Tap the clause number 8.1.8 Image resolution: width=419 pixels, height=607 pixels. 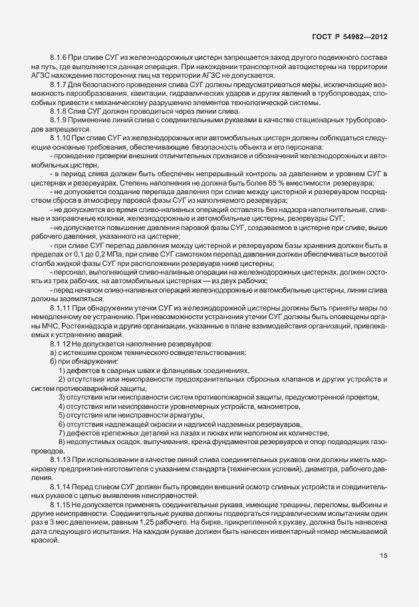pyautogui.click(x=59, y=110)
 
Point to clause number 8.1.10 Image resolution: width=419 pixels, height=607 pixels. pyautogui.click(x=61, y=136)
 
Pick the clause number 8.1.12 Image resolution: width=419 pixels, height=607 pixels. pyautogui.click(x=61, y=343)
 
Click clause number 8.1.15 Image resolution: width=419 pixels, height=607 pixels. pyautogui.click(x=61, y=506)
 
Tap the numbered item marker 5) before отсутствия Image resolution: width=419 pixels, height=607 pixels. pyautogui.click(x=62, y=414)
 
